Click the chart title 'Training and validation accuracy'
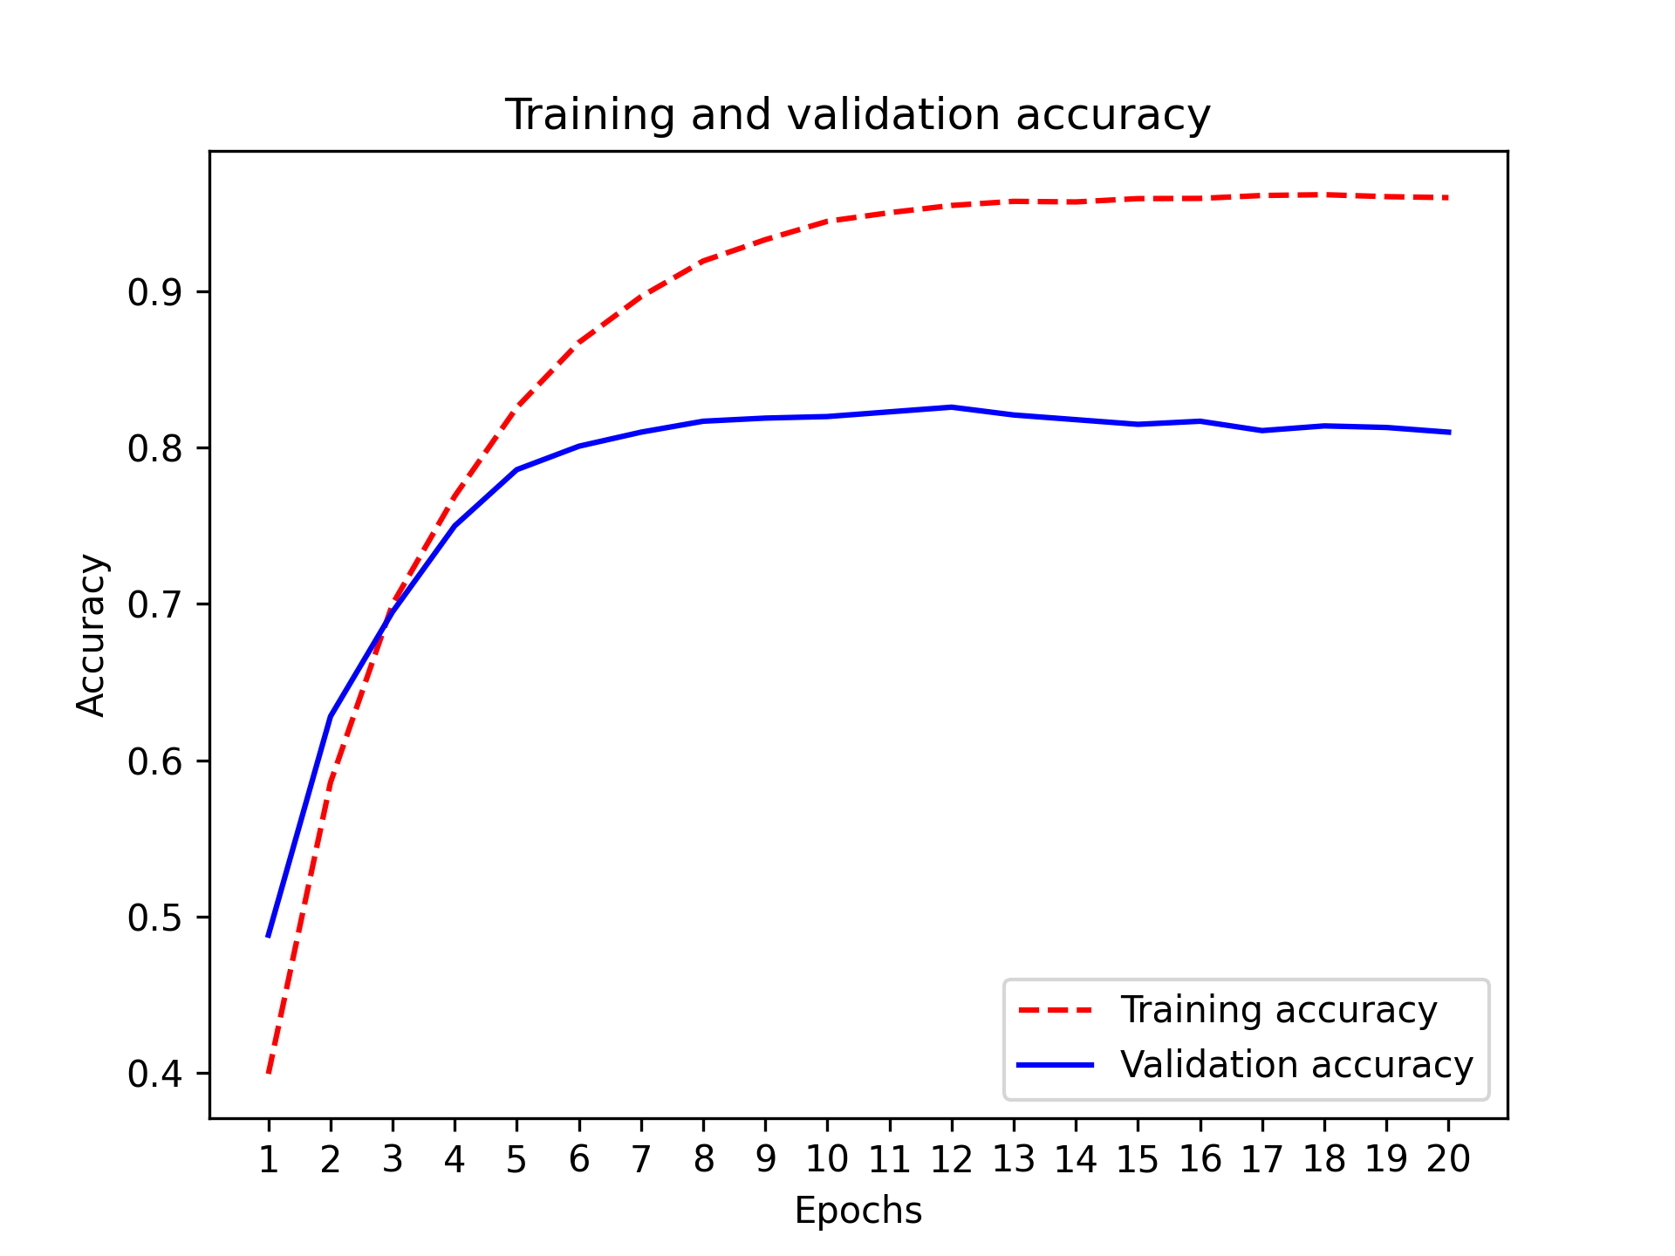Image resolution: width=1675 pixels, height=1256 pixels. click(858, 114)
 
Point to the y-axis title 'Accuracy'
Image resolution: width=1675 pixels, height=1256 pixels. click(91, 635)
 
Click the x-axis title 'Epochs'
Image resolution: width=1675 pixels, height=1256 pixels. click(858, 1211)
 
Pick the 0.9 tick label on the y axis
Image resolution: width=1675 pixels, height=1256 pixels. click(155, 292)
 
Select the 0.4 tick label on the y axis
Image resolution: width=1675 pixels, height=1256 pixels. click(155, 1074)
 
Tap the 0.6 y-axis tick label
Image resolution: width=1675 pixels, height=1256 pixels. click(155, 761)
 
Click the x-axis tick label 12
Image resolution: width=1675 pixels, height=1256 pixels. click(951, 1159)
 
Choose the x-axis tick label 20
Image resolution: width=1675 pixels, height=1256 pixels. click(1448, 1159)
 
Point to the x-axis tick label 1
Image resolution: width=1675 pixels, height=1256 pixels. click(269, 1159)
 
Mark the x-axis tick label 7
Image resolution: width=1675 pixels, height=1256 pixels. click(641, 1159)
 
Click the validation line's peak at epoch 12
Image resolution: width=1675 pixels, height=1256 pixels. click(951, 406)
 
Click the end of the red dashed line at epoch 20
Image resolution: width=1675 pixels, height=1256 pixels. click(1448, 198)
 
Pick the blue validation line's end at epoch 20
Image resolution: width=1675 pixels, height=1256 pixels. click(1448, 432)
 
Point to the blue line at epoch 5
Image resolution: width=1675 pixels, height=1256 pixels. click(516, 469)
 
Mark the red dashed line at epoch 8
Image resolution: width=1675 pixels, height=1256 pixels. click(703, 260)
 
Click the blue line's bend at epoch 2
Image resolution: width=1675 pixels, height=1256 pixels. click(331, 717)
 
